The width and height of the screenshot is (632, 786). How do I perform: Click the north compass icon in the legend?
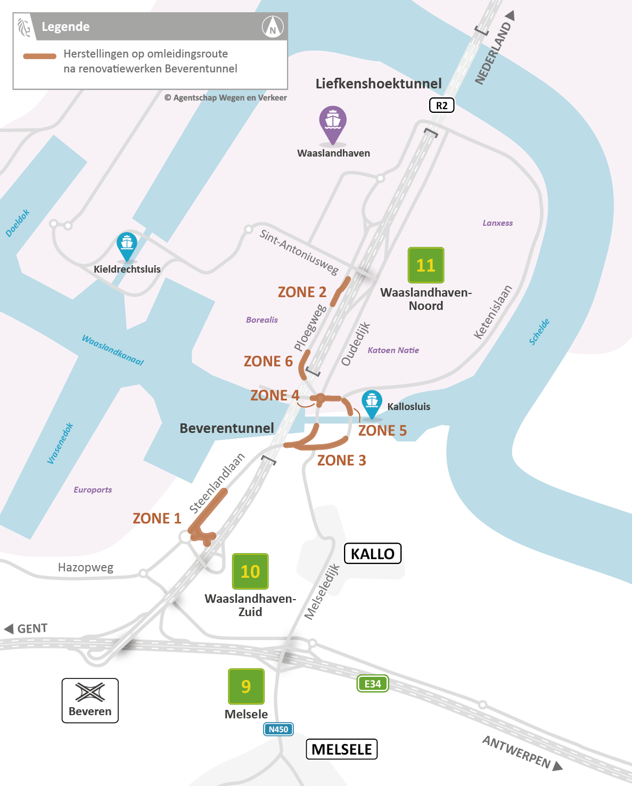[273, 27]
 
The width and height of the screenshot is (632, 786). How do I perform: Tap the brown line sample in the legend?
[39, 56]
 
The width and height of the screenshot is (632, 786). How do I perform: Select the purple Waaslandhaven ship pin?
[333, 124]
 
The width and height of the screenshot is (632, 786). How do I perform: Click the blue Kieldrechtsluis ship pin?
[127, 245]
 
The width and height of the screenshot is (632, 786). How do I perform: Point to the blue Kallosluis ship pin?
[372, 404]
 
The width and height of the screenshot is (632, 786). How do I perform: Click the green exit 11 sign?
[425, 265]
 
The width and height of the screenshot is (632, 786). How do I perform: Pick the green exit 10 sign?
[250, 571]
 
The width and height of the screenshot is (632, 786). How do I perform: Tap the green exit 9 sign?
[246, 686]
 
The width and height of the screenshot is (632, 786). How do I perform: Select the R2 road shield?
[442, 105]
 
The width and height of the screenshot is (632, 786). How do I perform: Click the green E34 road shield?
[373, 684]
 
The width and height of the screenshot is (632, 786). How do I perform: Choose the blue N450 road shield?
[278, 730]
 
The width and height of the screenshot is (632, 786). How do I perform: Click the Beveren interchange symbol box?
[90, 700]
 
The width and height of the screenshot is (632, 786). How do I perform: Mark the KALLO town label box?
[373, 554]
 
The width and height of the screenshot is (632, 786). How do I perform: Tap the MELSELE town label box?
[341, 749]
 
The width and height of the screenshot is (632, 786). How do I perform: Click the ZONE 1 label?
[157, 518]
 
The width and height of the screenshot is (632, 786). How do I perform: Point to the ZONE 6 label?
[268, 362]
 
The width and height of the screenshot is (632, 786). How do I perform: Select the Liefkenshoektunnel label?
[379, 84]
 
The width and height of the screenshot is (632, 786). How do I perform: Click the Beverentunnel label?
[227, 428]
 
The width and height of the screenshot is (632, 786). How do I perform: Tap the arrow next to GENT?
[9, 629]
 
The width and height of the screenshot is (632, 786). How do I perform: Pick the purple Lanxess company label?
[497, 223]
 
